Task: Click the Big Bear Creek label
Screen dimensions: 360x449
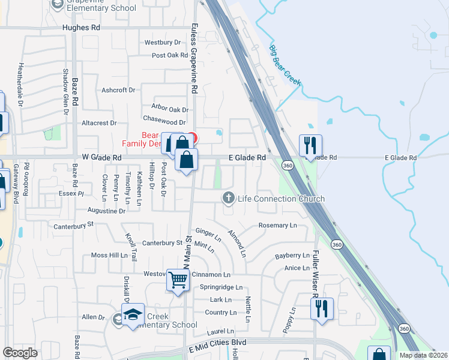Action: click(284, 65)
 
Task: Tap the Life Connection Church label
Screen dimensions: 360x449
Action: click(281, 199)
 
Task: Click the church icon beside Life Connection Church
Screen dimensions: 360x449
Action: click(228, 198)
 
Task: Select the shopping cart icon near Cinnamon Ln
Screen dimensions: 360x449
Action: click(178, 280)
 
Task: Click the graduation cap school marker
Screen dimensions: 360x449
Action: click(133, 314)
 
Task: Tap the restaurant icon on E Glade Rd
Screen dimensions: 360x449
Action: click(310, 146)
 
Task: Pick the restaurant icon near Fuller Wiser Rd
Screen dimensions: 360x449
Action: click(322, 308)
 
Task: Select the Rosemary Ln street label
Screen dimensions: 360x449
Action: click(277, 226)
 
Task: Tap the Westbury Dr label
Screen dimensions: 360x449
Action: click(162, 43)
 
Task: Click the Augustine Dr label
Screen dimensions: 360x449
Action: click(106, 211)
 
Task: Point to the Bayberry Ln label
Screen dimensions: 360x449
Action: click(292, 256)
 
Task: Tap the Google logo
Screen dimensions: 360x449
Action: click(20, 353)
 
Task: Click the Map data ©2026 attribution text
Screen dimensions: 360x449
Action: click(423, 355)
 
